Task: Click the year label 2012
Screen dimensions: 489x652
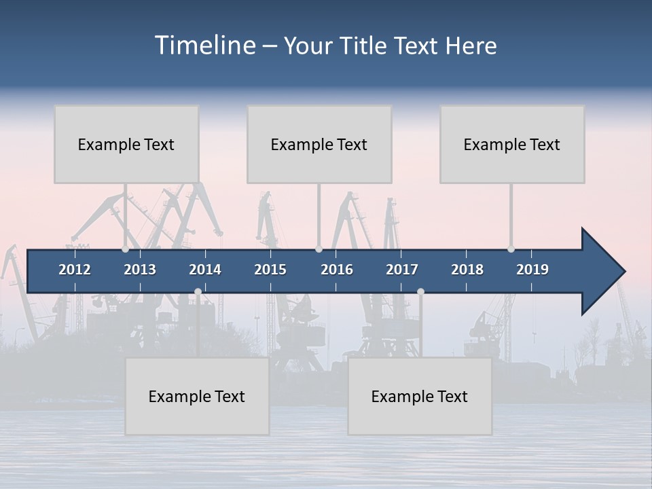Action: (x=75, y=270)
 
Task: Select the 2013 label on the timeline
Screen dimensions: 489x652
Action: (x=140, y=270)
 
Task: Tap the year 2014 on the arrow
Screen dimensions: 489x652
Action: (x=205, y=270)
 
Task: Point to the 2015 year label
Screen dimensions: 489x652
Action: (x=270, y=270)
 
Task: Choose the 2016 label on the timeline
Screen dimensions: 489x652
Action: (x=337, y=270)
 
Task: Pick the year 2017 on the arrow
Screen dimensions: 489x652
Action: (x=402, y=270)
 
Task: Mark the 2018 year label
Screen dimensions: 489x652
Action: (x=467, y=270)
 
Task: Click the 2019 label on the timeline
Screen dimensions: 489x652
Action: (x=532, y=270)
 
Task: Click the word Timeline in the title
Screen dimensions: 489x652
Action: (x=204, y=46)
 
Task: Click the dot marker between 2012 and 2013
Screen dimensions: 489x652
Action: (x=125, y=249)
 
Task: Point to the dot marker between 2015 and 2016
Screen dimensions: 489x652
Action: (x=319, y=249)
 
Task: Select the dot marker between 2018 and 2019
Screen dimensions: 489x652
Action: (x=511, y=249)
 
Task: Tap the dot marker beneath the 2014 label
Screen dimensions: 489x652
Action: (x=198, y=292)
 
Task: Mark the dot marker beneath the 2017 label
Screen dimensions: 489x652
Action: (x=420, y=292)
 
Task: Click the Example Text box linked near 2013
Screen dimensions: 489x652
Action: (x=126, y=145)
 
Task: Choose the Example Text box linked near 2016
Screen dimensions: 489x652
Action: (x=319, y=145)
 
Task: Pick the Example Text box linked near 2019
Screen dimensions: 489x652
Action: (x=512, y=145)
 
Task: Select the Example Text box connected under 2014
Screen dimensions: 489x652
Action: (x=197, y=397)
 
